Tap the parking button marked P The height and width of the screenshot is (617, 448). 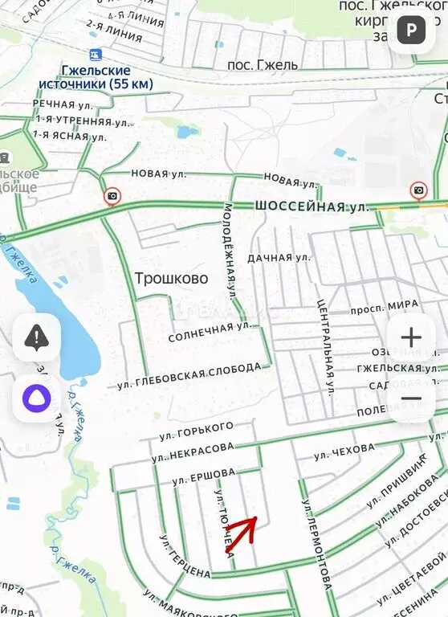click(x=412, y=31)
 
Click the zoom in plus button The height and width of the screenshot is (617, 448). click(x=410, y=337)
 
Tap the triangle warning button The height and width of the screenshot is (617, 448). click(x=36, y=337)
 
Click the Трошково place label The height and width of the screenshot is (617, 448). click(x=170, y=279)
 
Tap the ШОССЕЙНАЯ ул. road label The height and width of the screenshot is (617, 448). click(x=312, y=206)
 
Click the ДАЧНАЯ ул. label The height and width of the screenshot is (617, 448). click(x=279, y=258)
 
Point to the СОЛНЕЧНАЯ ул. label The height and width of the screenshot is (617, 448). click(x=210, y=332)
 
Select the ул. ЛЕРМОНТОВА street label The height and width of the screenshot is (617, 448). click(x=316, y=544)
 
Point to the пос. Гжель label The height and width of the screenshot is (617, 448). click(x=263, y=64)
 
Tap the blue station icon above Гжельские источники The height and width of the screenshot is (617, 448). click(x=96, y=55)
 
